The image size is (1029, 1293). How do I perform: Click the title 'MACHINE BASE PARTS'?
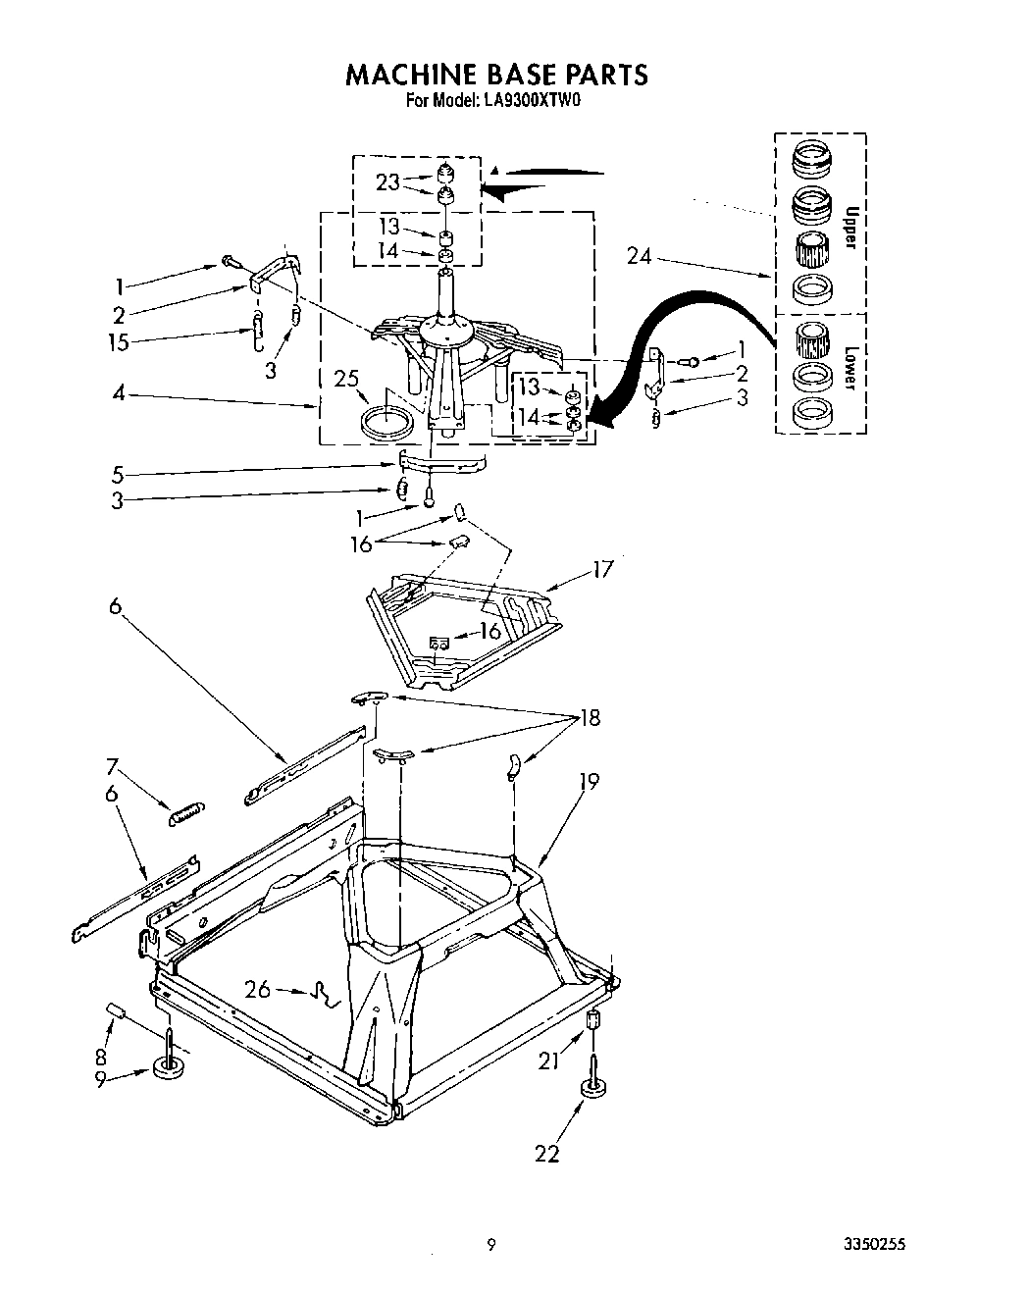point(495,75)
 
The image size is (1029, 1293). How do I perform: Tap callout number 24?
point(639,257)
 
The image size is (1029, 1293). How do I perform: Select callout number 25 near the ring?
point(345,378)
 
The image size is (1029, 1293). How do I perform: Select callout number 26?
point(258,990)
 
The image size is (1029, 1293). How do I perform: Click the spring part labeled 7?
point(187,811)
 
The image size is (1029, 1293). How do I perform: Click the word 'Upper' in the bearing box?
point(850,227)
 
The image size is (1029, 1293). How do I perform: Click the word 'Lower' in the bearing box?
point(850,369)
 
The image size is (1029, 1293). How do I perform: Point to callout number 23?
point(388,181)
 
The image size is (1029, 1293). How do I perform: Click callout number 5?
point(118,475)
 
